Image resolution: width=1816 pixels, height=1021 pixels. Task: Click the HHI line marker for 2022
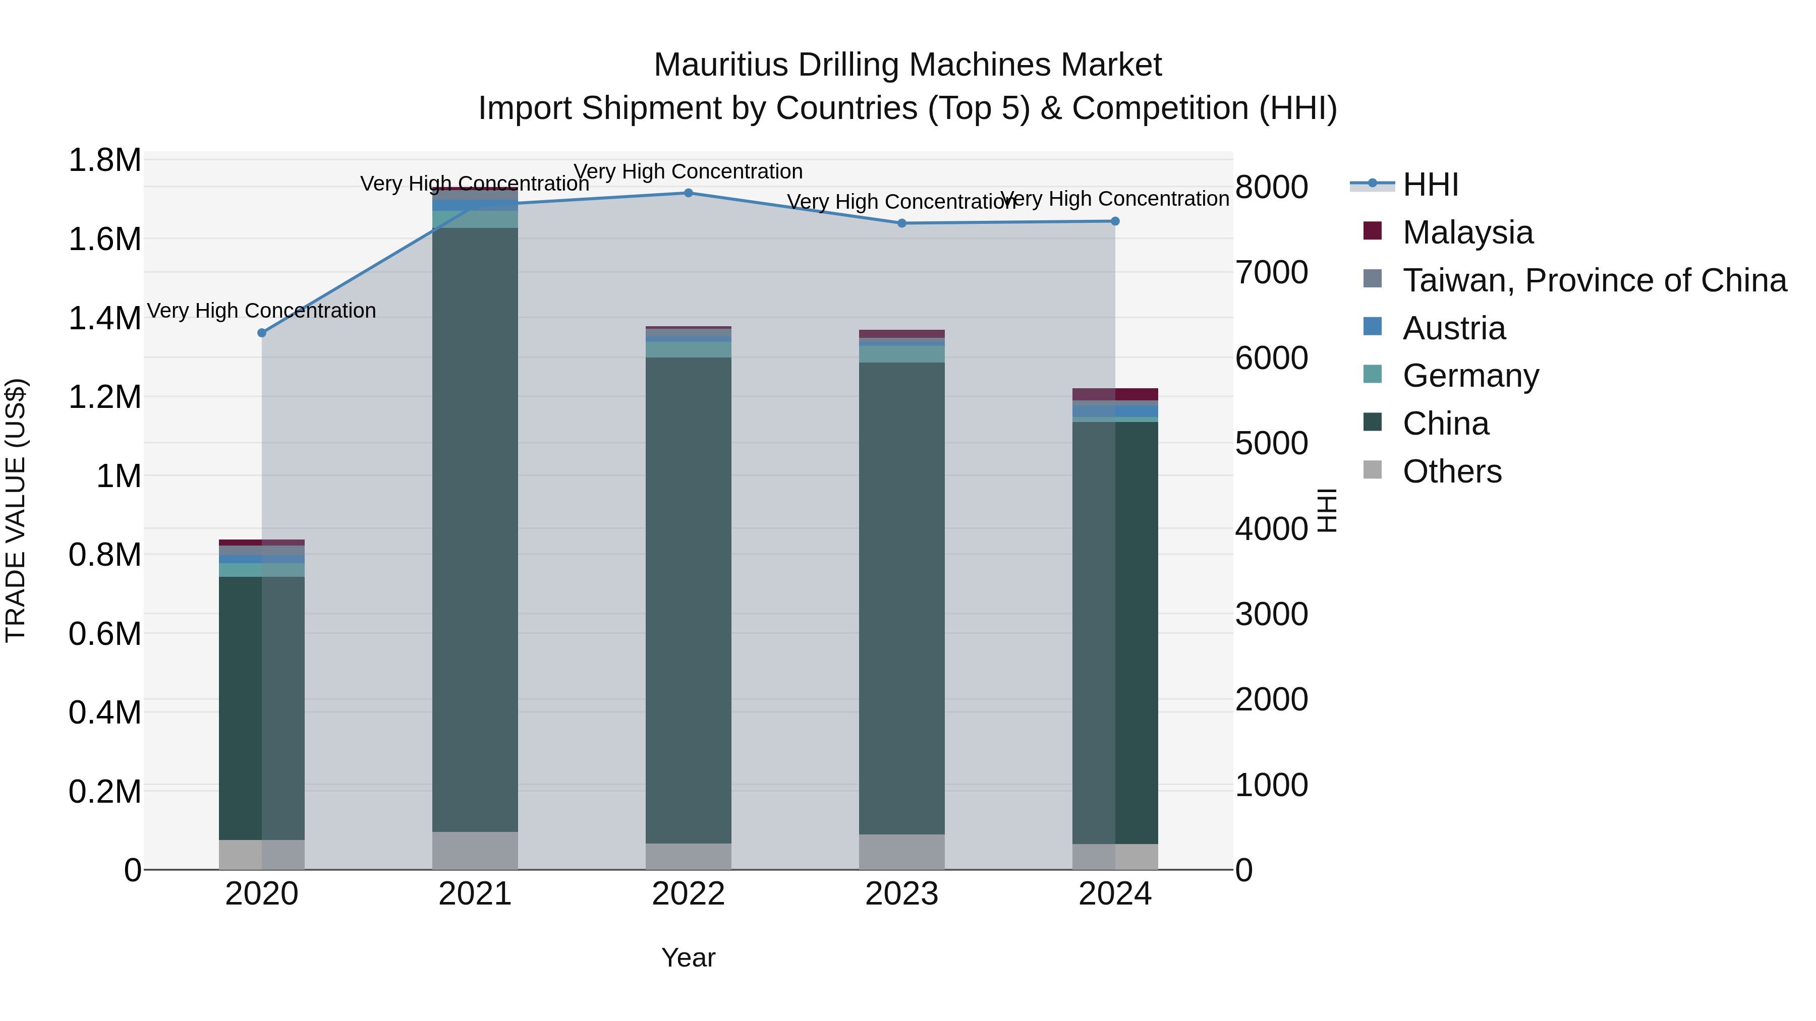688,193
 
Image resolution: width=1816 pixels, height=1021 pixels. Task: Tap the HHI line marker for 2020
261,333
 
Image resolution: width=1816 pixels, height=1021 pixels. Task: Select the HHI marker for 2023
901,223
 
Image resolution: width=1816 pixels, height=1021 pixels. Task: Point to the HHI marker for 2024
1114,221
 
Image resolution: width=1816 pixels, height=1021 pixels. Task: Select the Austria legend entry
1454,328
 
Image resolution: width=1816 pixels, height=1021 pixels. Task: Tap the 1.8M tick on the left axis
104,160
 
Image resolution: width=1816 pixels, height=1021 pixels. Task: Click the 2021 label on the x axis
475,894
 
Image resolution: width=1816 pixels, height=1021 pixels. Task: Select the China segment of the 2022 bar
688,599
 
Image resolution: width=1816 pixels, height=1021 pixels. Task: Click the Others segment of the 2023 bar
901,852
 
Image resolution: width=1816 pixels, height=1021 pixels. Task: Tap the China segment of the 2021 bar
475,528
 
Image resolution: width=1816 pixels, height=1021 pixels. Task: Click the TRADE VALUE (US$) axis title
16,510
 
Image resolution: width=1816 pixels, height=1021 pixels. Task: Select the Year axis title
688,957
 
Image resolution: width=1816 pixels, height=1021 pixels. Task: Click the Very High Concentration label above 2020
261,311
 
